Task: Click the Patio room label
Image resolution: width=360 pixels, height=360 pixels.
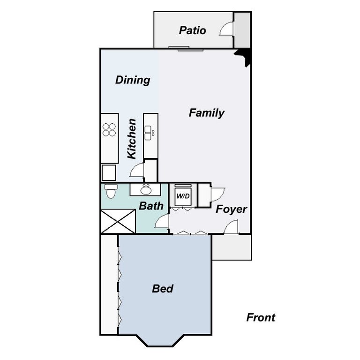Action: click(192, 30)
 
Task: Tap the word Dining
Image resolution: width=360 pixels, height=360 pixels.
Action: click(133, 80)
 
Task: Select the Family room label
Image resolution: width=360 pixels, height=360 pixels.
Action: click(206, 113)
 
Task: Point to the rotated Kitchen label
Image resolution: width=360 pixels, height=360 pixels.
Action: click(132, 138)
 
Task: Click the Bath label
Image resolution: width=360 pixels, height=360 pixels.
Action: click(151, 206)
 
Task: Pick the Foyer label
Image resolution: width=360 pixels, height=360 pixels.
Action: click(231, 209)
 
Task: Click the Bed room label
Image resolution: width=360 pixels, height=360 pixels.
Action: click(163, 289)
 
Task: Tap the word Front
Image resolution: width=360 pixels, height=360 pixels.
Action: click(261, 318)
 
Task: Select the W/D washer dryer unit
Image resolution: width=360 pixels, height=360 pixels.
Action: click(183, 195)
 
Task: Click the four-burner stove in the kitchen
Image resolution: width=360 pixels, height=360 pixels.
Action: click(109, 129)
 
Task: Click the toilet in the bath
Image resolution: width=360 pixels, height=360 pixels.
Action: click(111, 191)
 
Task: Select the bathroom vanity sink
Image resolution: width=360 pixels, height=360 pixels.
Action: click(146, 190)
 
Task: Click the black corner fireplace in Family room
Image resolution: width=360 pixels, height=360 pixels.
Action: click(245, 57)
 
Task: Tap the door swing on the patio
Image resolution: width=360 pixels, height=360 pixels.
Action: click(226, 30)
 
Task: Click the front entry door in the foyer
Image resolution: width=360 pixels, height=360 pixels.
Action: click(231, 228)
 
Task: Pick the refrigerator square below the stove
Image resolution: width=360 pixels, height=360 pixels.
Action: click(109, 172)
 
